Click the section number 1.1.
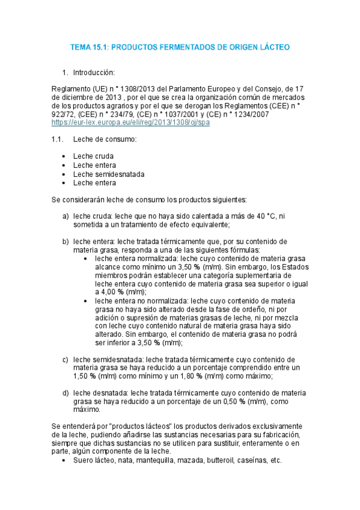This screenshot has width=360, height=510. point(58,140)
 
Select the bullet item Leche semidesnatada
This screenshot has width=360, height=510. point(109,174)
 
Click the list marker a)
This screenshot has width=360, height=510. point(66,216)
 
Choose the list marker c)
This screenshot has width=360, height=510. point(66,360)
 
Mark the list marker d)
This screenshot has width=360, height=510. point(66,393)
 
